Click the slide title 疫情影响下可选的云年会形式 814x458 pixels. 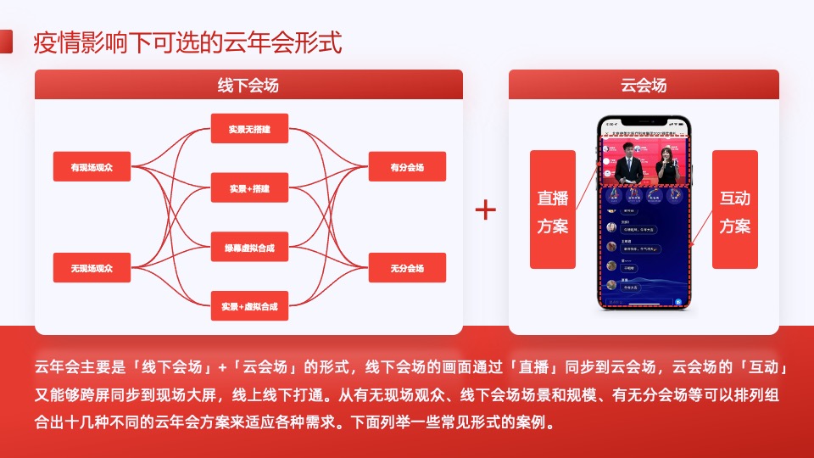[187, 42]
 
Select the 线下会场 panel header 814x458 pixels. [248, 86]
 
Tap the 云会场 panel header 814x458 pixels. [644, 86]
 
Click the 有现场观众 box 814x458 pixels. [92, 167]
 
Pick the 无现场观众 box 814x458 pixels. [92, 268]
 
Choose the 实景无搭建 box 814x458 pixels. [249, 129]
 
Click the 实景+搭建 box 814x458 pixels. [249, 187]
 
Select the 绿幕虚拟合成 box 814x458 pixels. [249, 247]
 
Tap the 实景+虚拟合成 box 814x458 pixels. [249, 305]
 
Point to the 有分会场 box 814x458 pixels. [407, 167]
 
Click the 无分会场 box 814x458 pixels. [407, 268]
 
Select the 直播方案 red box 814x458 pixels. [552, 210]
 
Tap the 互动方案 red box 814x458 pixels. [734, 210]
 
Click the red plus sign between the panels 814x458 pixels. [485, 209]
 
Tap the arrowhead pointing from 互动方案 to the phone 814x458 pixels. [692, 246]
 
